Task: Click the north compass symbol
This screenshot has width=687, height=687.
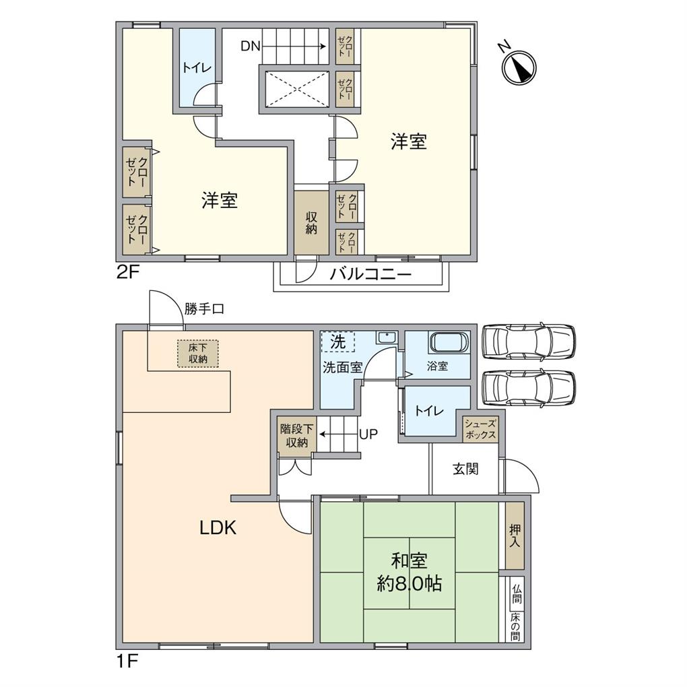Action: click(519, 66)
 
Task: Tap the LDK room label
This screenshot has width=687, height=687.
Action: click(218, 528)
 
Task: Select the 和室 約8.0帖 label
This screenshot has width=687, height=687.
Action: click(409, 572)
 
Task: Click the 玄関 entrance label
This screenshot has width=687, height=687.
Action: click(465, 469)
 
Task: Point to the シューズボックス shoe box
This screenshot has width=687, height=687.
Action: click(480, 429)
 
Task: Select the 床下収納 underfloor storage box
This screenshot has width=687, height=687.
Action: click(198, 354)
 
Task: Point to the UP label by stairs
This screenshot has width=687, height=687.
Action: click(368, 434)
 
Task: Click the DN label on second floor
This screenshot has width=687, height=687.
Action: click(251, 46)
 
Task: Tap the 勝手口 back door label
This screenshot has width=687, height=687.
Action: click(203, 309)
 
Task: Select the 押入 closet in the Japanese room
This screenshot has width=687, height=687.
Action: click(514, 535)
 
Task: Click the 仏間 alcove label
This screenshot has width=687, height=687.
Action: click(515, 593)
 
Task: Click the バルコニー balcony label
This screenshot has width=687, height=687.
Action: click(370, 275)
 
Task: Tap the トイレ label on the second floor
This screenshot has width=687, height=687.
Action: click(197, 67)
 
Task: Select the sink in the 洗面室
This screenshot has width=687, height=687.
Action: click(386, 338)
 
